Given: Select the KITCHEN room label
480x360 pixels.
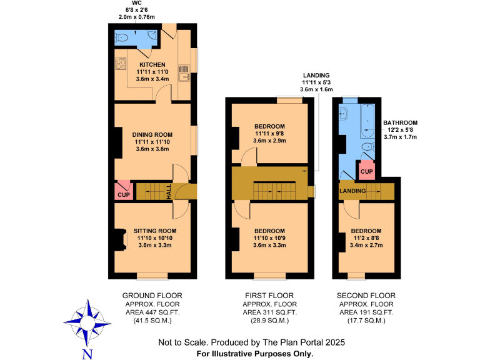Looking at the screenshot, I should click(x=152, y=64).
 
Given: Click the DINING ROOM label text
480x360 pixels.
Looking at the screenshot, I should click(x=152, y=134).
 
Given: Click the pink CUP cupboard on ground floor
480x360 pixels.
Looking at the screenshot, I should click(x=122, y=191).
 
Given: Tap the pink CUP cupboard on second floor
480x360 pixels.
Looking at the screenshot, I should click(x=366, y=171).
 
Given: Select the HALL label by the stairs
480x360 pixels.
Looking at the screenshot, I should click(x=169, y=193).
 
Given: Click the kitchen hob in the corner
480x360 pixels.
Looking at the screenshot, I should click(x=121, y=63).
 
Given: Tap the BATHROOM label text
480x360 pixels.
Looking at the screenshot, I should click(x=400, y=123).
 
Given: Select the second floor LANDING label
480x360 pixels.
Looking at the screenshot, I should click(x=352, y=190).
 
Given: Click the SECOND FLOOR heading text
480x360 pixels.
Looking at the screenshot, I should click(x=366, y=296).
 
